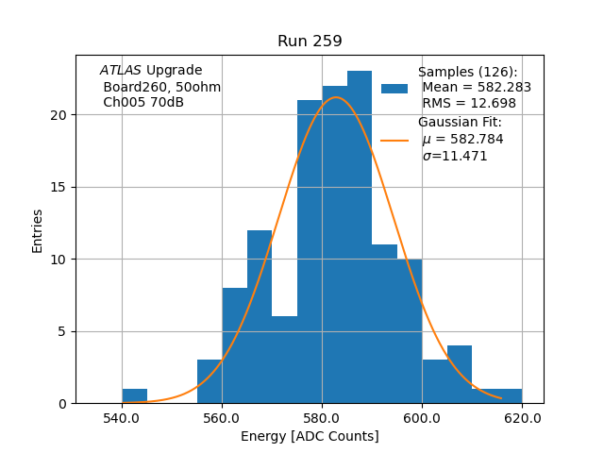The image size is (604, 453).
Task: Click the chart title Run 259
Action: click(x=310, y=42)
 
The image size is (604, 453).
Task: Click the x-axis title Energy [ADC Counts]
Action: click(x=310, y=436)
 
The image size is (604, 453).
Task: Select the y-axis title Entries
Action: click(x=38, y=230)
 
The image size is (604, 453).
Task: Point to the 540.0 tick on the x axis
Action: click(x=122, y=417)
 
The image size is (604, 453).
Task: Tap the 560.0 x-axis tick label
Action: click(x=222, y=417)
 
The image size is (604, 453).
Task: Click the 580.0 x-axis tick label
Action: click(x=322, y=417)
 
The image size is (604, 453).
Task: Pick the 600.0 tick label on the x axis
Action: click(x=422, y=417)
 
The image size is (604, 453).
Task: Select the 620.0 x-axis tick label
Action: click(x=522, y=417)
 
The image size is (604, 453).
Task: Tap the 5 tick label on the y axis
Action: click(x=62, y=331)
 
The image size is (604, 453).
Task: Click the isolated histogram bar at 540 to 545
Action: click(x=134, y=396)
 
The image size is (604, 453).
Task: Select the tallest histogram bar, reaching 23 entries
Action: click(x=359, y=236)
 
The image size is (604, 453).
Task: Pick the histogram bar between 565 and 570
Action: click(x=260, y=316)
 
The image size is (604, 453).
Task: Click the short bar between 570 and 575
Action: click(x=284, y=360)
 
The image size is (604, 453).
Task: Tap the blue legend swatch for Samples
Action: click(x=394, y=88)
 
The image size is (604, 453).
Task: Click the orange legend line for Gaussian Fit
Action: click(x=394, y=140)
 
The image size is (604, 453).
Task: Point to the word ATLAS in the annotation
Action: click(x=121, y=71)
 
